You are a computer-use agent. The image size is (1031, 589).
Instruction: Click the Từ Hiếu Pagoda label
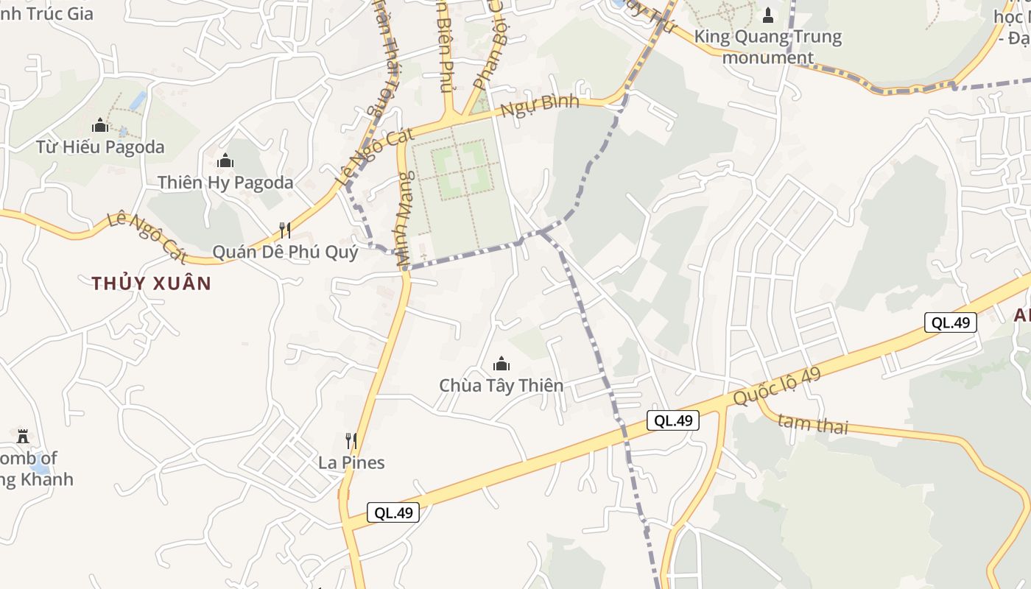pyautogui.click(x=100, y=147)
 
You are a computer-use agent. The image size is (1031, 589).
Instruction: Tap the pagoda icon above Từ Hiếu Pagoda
pyautogui.click(x=100, y=125)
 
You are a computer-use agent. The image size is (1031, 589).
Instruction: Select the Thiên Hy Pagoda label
pyautogui.click(x=225, y=183)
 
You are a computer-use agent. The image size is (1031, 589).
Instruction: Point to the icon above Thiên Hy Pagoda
pyautogui.click(x=225, y=161)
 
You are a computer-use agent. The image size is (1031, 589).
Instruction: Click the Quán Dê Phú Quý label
pyautogui.click(x=285, y=253)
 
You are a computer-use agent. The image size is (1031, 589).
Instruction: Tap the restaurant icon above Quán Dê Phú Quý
pyautogui.click(x=285, y=230)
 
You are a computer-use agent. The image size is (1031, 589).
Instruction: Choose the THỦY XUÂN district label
pyautogui.click(x=151, y=283)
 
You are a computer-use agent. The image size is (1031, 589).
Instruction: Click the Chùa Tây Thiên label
pyautogui.click(x=501, y=385)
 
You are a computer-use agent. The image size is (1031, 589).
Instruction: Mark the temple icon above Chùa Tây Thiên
pyautogui.click(x=501, y=364)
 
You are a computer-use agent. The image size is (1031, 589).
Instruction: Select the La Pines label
pyautogui.click(x=351, y=462)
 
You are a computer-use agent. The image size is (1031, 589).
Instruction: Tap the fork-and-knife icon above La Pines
pyautogui.click(x=351, y=441)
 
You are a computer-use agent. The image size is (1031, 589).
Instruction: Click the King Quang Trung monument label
pyautogui.click(x=768, y=46)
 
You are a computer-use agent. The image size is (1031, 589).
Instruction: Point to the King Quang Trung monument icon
pyautogui.click(x=768, y=15)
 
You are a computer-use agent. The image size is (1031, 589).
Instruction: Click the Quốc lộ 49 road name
pyautogui.click(x=776, y=387)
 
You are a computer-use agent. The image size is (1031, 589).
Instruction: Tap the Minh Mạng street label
pyautogui.click(x=404, y=216)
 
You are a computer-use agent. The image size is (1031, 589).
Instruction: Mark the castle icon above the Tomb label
pyautogui.click(x=23, y=436)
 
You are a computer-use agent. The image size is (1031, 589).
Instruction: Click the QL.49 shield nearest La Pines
pyautogui.click(x=393, y=512)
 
